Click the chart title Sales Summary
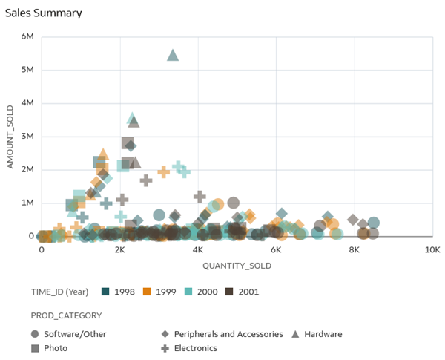coord(44,13)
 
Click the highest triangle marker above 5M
coord(173,56)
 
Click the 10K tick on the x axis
coord(432,250)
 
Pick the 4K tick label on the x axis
coord(197,250)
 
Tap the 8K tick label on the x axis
coord(355,250)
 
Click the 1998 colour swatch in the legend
coord(106,292)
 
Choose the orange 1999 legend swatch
coord(148,292)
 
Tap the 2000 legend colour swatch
coord(189,292)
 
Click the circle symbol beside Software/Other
coord(36,334)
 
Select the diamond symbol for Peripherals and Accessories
coord(165,334)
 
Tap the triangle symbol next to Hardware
coord(296,334)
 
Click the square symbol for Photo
coord(36,348)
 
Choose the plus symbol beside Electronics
coord(165,348)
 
